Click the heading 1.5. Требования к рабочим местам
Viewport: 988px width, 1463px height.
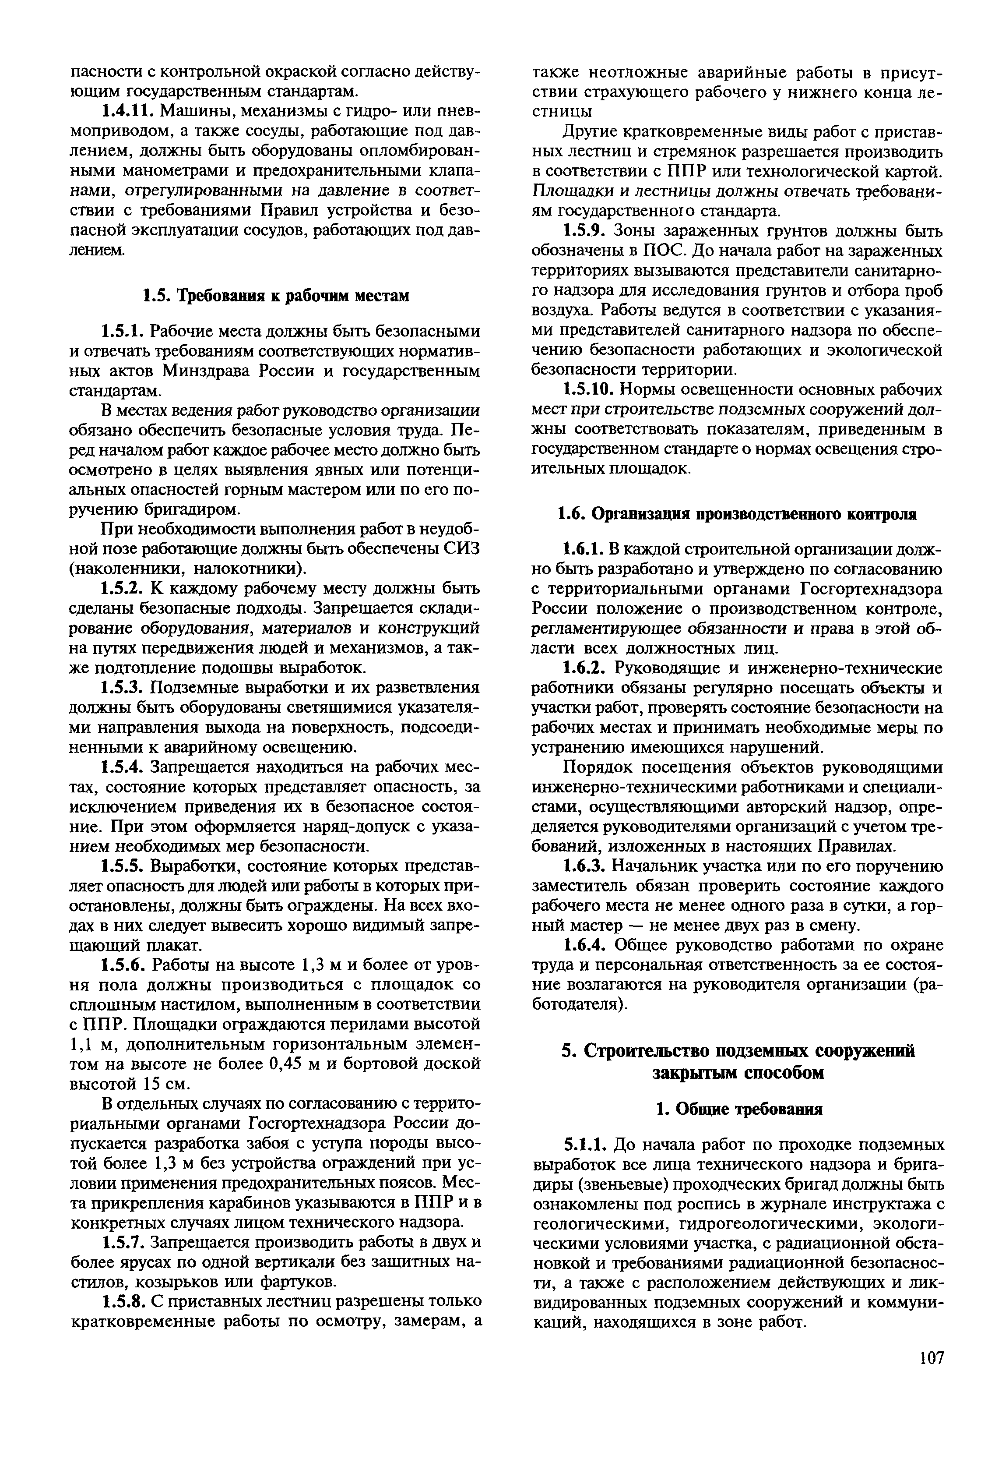[275, 295]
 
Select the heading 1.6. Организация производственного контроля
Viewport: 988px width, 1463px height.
[737, 514]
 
